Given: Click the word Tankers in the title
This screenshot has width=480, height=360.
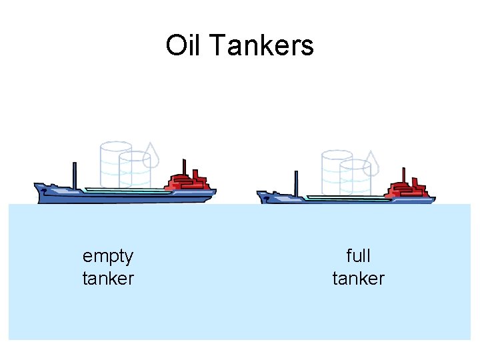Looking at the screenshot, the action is (261, 46).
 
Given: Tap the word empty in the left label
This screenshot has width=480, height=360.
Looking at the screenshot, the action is (108, 256).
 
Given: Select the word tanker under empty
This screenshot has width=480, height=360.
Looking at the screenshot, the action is (108, 277).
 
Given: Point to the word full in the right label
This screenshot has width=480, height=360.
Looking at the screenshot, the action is (359, 256).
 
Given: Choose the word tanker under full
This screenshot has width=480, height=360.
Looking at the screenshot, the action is (359, 277).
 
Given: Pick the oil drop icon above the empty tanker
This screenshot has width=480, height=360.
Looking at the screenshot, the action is (152, 156).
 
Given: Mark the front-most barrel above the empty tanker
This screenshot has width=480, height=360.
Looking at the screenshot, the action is (135, 169).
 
